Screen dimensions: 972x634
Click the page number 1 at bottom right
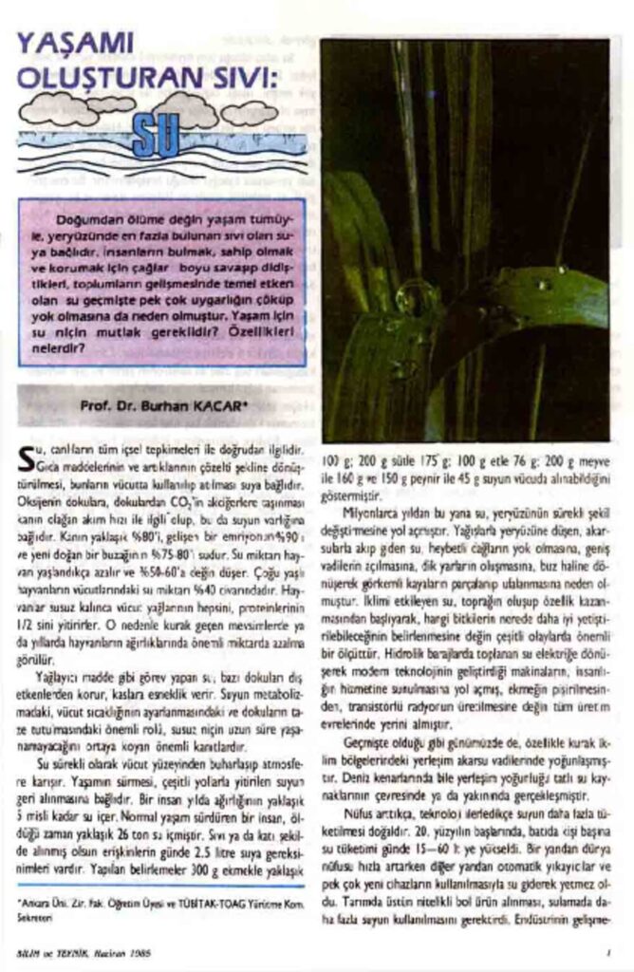(606, 950)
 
